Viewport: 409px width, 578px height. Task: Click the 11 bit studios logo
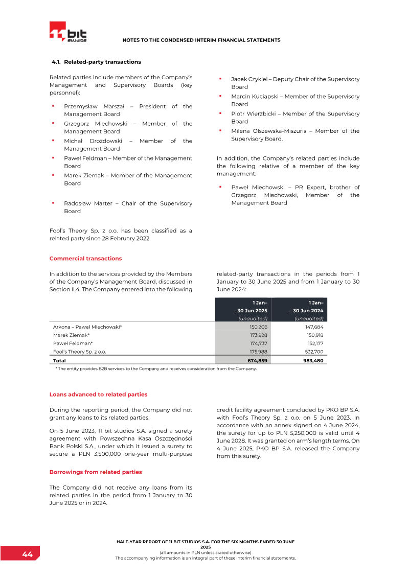click(x=69, y=32)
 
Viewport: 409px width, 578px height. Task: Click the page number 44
click(x=27, y=554)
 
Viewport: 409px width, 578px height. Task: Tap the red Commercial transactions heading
click(x=85, y=259)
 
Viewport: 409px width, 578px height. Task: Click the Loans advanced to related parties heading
click(x=98, y=395)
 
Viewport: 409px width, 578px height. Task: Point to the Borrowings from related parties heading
click(x=96, y=472)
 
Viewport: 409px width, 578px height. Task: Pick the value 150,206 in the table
click(x=258, y=327)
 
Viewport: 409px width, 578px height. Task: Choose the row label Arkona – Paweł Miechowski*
click(x=87, y=327)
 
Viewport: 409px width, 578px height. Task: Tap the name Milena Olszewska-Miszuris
click(x=268, y=131)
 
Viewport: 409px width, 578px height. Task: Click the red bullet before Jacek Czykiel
click(x=220, y=79)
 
